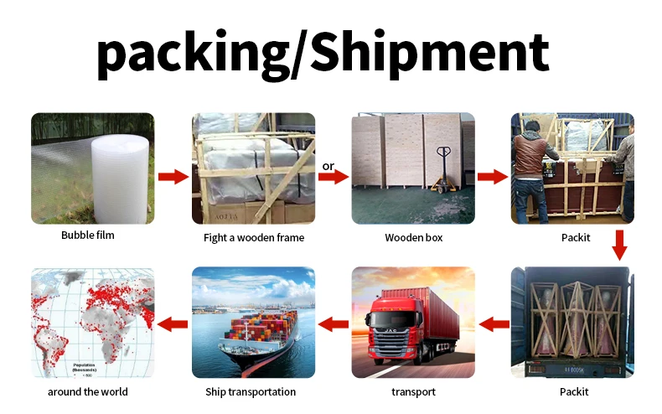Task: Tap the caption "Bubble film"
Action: (x=88, y=235)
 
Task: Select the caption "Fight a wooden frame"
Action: (x=254, y=238)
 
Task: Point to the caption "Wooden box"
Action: (x=413, y=238)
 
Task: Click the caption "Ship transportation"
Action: (x=251, y=391)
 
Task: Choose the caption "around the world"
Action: (x=88, y=391)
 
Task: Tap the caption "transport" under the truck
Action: (x=413, y=391)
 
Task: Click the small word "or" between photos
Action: (x=328, y=166)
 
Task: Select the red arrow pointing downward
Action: (x=621, y=246)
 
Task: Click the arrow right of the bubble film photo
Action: (x=173, y=176)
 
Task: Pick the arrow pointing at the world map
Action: (x=173, y=323)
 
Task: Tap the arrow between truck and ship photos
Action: (x=333, y=323)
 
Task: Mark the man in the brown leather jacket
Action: (x=530, y=163)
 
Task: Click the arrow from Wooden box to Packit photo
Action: (x=493, y=176)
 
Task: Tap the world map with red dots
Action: (x=92, y=323)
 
